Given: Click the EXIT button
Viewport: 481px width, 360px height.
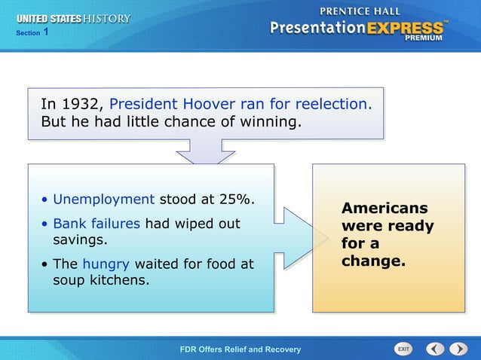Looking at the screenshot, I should pyautogui.click(x=403, y=349).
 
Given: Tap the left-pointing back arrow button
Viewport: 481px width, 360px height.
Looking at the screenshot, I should pyautogui.click(x=435, y=349).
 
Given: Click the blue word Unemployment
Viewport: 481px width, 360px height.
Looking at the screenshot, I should pyautogui.click(x=104, y=200).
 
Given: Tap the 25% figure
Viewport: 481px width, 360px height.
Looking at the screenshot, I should pyautogui.click(x=236, y=200).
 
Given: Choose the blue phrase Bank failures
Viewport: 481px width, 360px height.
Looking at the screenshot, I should pyautogui.click(x=97, y=224).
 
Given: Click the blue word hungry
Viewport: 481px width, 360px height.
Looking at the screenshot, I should pyautogui.click(x=106, y=264).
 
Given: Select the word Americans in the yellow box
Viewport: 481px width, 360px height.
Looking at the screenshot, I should pyautogui.click(x=384, y=209).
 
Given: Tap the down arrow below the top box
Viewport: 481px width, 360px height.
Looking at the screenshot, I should pyautogui.click(x=206, y=155).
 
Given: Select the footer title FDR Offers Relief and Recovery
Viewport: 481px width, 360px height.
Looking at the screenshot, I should pyautogui.click(x=240, y=349).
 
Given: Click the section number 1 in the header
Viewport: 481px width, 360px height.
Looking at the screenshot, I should pyautogui.click(x=46, y=32).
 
